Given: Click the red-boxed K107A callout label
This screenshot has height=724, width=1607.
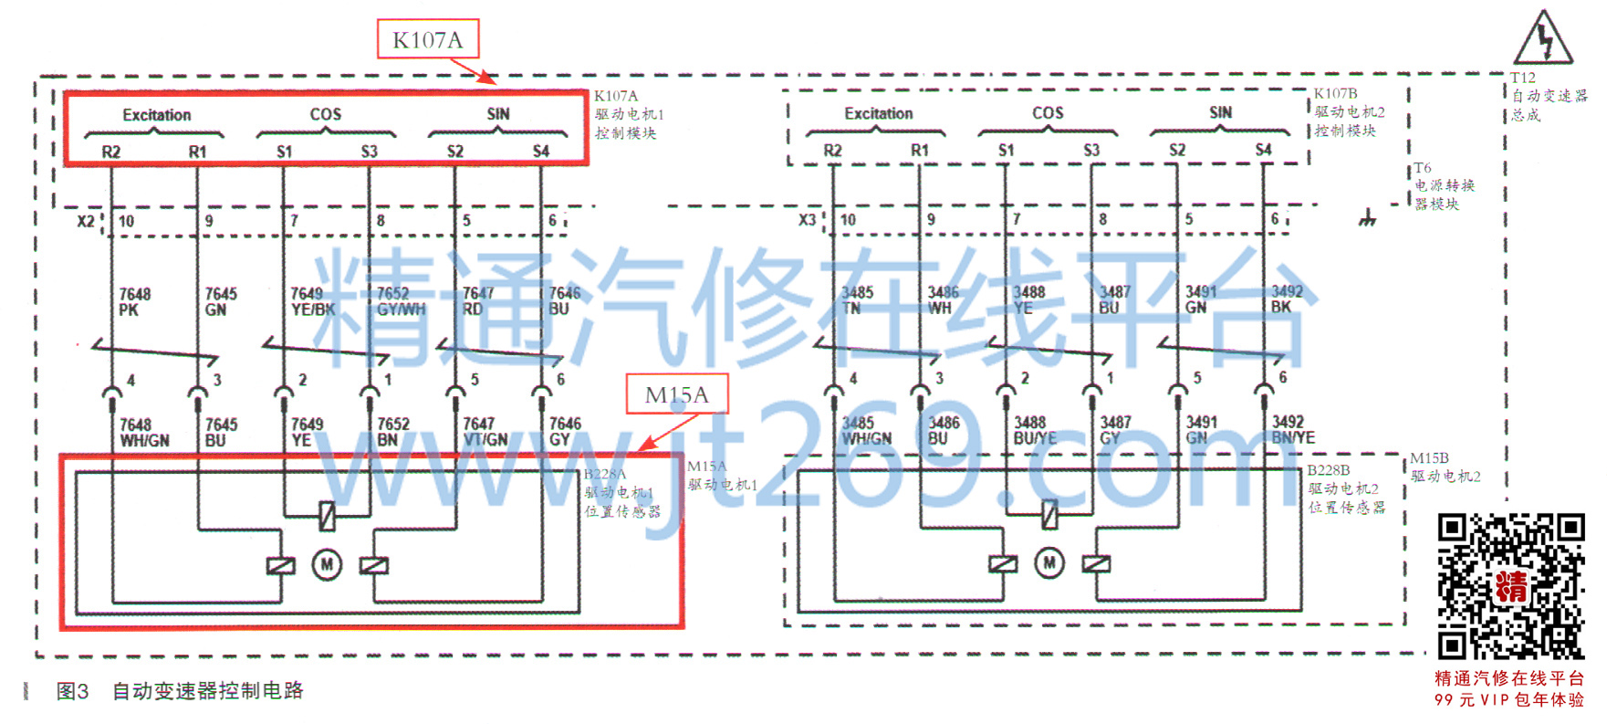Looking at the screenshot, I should [427, 40].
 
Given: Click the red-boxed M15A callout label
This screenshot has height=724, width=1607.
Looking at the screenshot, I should [676, 394].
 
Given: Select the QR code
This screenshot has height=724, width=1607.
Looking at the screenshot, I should [1510, 586].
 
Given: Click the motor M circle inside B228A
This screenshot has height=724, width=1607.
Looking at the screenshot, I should [327, 565].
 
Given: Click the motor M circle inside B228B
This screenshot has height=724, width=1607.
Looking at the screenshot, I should [1049, 562].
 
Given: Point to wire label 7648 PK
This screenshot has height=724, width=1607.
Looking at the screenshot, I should [134, 302].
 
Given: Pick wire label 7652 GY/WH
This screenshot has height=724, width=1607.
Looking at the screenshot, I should [400, 301].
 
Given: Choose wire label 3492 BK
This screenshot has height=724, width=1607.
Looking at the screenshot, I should [1286, 299].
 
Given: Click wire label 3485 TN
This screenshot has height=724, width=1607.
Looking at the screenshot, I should [856, 300].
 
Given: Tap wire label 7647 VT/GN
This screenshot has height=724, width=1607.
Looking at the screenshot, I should [485, 432].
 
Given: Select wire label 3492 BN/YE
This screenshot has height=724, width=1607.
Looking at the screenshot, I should [1292, 430].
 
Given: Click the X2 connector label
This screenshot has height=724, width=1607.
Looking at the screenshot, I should [85, 221].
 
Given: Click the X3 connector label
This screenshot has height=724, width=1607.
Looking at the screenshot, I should [807, 220].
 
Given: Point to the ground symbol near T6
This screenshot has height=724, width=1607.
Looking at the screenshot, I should [1366, 218].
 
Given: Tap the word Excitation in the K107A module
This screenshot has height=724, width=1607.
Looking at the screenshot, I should [156, 115].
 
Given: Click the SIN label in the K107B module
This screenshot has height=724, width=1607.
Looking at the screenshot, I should [1220, 112].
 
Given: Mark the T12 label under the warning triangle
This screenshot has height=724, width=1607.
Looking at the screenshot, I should [1522, 79].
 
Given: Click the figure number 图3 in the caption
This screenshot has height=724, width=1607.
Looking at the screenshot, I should [72, 691].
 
